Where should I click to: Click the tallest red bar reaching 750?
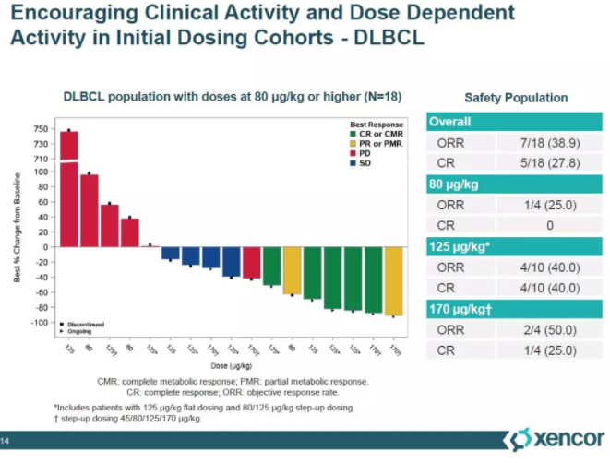coord(69,184)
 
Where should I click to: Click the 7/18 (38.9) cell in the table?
coord(550,143)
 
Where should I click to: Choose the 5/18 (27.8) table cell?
coord(550,163)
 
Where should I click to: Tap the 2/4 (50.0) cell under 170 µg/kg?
coord(550,329)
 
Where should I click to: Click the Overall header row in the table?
coord(516,122)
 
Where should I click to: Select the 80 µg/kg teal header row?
coord(516,184)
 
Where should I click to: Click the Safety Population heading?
coord(516,97)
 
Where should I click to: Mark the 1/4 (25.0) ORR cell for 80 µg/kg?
coord(550,205)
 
